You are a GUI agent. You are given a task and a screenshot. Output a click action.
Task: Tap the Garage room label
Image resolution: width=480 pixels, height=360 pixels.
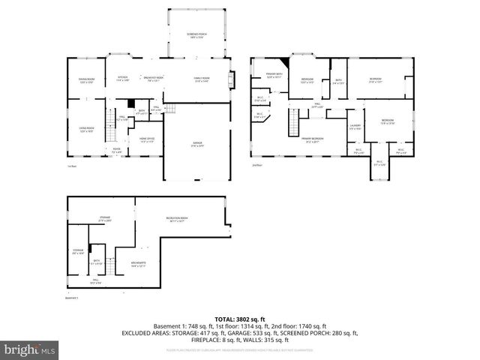click(196, 144)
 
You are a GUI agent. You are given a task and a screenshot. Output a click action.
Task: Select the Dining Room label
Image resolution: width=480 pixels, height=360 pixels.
click(87, 80)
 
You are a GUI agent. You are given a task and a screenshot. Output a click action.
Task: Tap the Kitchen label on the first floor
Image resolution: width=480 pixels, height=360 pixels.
click(122, 79)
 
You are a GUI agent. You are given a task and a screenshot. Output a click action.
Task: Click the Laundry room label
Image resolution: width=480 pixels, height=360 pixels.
click(355, 127)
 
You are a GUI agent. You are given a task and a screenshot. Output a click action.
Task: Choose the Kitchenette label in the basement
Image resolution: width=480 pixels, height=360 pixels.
click(138, 263)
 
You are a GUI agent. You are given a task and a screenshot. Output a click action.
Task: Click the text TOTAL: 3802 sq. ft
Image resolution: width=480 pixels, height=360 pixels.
click(239, 319)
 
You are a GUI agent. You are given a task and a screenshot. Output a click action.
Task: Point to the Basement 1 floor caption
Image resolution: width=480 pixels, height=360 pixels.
click(73, 298)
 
